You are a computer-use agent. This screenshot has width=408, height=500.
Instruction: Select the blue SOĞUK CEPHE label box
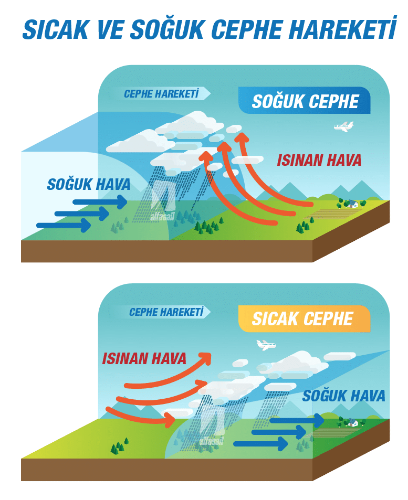click(304, 100)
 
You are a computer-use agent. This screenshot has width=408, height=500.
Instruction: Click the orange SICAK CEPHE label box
click(304, 318)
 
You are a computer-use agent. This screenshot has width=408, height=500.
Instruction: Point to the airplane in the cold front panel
click(344, 126)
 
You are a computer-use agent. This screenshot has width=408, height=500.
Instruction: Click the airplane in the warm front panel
click(266, 345)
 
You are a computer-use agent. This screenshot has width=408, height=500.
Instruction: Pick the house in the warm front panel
click(352, 422)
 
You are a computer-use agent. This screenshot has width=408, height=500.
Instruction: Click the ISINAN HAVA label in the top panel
click(319, 160)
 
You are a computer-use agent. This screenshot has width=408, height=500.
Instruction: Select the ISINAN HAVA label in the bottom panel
click(144, 358)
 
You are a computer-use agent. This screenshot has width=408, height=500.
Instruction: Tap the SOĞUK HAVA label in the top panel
click(89, 184)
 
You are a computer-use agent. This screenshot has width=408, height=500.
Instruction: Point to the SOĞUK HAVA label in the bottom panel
click(343, 396)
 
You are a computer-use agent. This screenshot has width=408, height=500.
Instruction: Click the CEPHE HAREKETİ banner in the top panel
click(162, 93)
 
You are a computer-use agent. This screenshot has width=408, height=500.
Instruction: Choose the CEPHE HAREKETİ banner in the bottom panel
click(166, 312)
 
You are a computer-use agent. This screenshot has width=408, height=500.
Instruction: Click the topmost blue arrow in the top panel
click(100, 202)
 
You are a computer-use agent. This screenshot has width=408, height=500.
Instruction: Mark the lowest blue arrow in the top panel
click(64, 226)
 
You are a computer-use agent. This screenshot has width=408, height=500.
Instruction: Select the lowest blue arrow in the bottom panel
click(260, 443)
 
